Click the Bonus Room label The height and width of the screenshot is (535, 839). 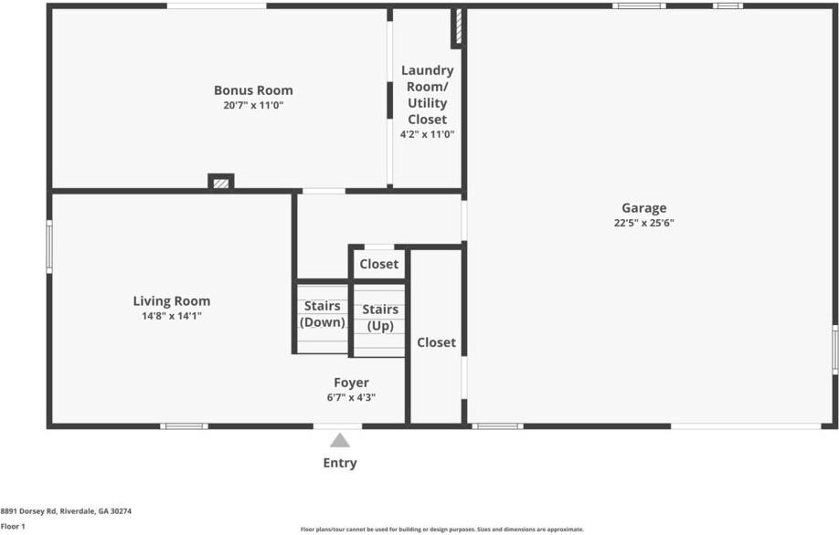click(253, 90)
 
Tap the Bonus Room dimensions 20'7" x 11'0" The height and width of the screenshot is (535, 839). click(253, 105)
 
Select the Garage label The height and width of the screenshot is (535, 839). click(644, 208)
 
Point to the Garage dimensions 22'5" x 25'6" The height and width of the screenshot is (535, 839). click(644, 223)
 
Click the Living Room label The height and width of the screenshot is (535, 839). click(172, 301)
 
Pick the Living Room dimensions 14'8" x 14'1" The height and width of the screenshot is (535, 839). click(172, 316)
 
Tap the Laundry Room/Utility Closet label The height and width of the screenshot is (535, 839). click(427, 95)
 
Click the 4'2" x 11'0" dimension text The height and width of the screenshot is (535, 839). click(427, 134)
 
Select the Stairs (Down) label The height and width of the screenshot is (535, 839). click(323, 314)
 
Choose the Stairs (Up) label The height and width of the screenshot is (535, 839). click(380, 318)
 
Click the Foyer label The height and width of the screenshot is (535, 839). click(351, 383)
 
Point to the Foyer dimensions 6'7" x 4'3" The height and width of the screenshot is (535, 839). click(351, 397)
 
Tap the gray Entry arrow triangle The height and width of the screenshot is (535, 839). click(340, 440)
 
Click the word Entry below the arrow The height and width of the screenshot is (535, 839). click(340, 463)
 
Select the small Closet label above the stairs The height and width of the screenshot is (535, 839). click(378, 264)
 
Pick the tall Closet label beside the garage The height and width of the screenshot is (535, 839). click(436, 342)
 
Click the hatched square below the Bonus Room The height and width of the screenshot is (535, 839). click(220, 183)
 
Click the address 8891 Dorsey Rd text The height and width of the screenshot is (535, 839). click(66, 512)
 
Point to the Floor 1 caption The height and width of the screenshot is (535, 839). click(13, 527)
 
